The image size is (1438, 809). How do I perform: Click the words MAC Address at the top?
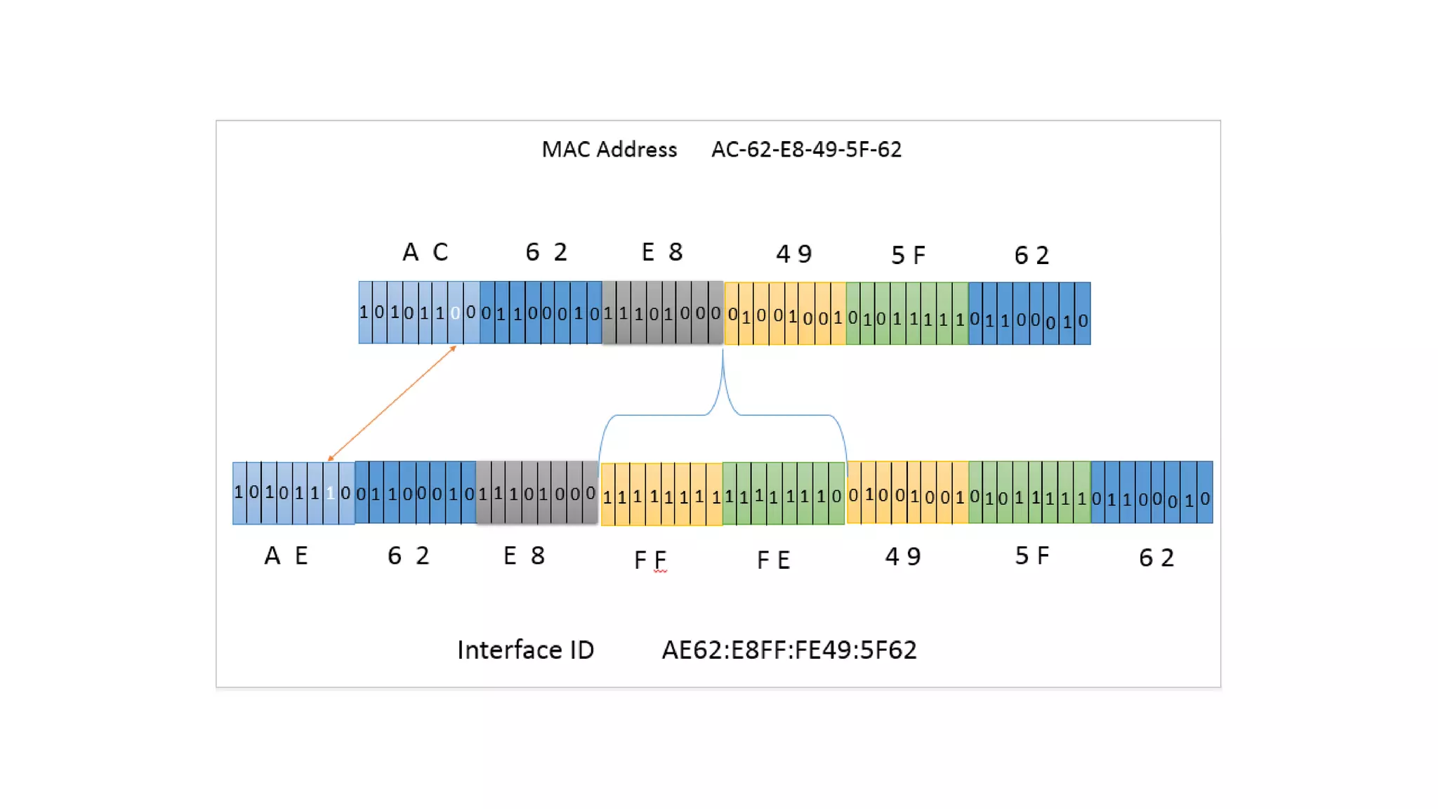tap(609, 150)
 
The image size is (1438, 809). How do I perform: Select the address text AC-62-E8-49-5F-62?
tap(806, 150)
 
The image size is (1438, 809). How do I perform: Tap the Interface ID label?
tap(525, 650)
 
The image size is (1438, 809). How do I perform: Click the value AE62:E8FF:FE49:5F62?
tap(789, 650)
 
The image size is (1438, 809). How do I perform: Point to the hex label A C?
tap(425, 251)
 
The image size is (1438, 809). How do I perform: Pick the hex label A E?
tap(286, 555)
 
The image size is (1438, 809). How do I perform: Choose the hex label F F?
tap(650, 560)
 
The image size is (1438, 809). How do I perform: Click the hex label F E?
tap(774, 560)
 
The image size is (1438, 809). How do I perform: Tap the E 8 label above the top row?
tap(662, 251)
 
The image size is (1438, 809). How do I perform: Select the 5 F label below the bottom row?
tap(1032, 555)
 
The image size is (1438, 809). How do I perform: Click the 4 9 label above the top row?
tap(794, 254)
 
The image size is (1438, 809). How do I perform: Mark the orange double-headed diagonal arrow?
tap(392, 403)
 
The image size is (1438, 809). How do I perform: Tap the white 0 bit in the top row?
tap(455, 313)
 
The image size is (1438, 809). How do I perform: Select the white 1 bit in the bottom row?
tap(330, 493)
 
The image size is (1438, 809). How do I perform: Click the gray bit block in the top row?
tap(662, 313)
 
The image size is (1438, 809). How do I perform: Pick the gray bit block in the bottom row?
tap(537, 492)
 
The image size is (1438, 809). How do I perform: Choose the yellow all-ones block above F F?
tap(661, 494)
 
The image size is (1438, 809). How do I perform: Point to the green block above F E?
tap(784, 494)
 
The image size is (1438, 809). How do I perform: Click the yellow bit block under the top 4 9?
tap(785, 313)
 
